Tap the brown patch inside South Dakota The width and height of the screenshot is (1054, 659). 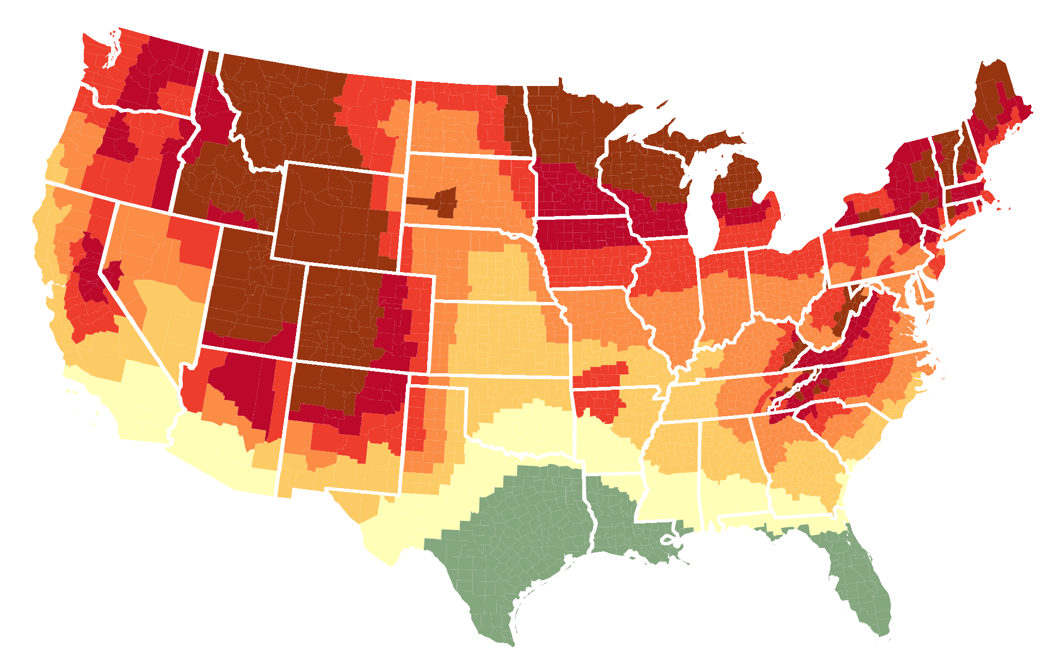click(x=443, y=202)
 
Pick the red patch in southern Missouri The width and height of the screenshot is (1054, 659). click(x=604, y=375)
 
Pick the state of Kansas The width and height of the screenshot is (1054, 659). click(x=501, y=337)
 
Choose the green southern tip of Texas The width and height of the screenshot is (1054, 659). click(x=490, y=615)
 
